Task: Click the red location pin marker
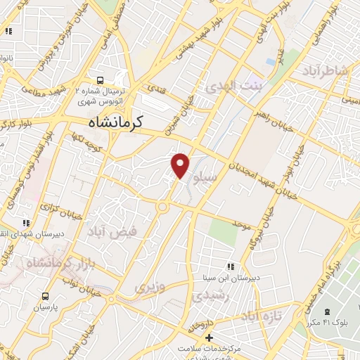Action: pos(181,165)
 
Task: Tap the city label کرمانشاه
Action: pos(116,122)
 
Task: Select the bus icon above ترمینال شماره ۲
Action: pos(100,80)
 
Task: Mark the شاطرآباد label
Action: pos(325,71)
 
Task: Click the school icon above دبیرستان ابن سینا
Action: pos(230,266)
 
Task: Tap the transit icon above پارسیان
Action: pos(46,296)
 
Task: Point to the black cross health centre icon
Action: pos(209,338)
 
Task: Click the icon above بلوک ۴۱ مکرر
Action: pos(326,311)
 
